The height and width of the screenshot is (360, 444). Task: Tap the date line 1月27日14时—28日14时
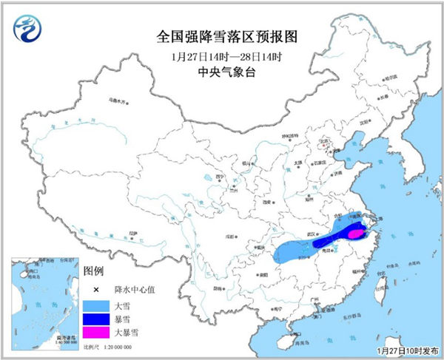pos(221,55)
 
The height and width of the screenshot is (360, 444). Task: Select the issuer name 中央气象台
pos(221,72)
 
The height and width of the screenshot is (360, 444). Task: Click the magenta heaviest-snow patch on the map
pos(356,234)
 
